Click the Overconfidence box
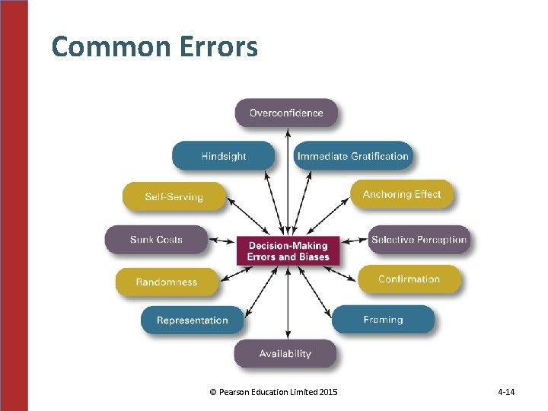(286, 113)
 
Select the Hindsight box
(223, 156)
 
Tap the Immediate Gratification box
(352, 156)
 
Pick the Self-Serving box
(174, 196)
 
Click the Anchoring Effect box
(401, 194)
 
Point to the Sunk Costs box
(156, 240)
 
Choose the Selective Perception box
(419, 240)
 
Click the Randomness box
(167, 282)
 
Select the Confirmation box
(409, 279)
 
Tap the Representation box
(192, 320)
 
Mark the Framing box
(383, 320)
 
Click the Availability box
(285, 353)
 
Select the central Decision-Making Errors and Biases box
(288, 251)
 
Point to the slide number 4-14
(506, 392)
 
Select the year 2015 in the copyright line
(329, 392)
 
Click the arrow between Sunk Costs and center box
(221, 241)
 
